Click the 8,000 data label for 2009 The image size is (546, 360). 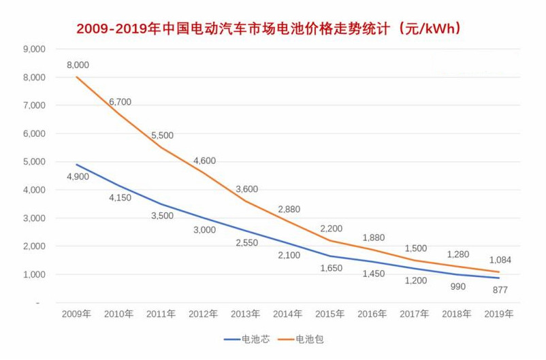78,65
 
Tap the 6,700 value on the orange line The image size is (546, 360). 120,102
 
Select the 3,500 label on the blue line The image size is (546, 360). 162,216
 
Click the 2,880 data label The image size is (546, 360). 289,209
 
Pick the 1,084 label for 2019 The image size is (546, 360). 500,259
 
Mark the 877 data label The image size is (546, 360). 500,290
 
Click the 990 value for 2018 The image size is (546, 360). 457,287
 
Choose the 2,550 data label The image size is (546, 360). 246,243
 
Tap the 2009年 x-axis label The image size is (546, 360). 76,314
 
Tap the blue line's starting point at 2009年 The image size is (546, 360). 76,164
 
